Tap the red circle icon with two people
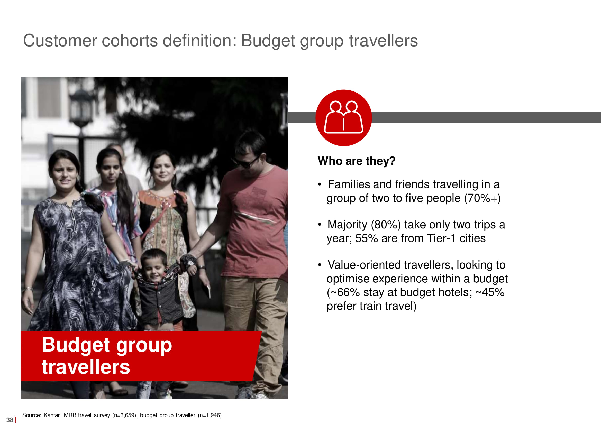click(344, 118)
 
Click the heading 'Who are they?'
click(356, 161)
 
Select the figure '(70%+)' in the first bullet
click(482, 198)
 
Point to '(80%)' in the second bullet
click(386, 225)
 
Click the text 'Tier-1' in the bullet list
click(442, 238)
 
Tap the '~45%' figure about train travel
click(490, 292)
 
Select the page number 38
click(10, 420)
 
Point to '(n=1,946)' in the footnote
click(210, 415)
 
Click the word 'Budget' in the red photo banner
click(76, 345)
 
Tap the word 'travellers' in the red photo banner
click(86, 367)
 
